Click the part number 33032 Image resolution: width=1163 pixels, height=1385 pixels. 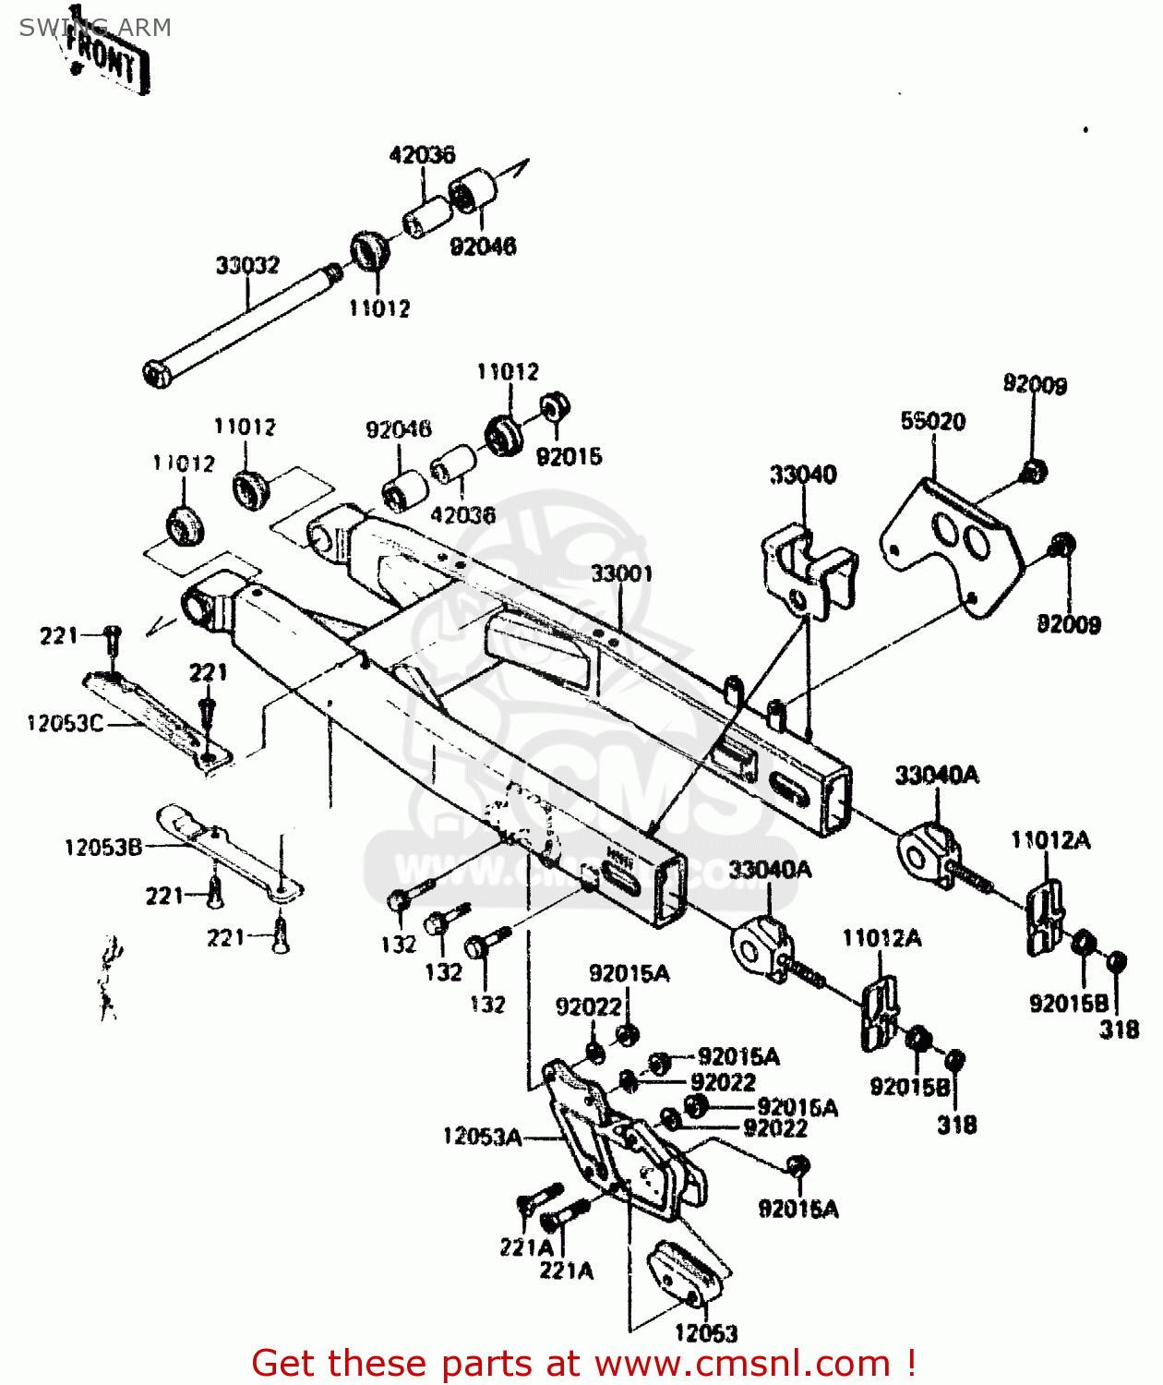(x=246, y=266)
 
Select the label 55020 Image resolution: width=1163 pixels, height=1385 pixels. (x=932, y=421)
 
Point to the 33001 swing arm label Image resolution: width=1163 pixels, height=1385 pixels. (x=621, y=573)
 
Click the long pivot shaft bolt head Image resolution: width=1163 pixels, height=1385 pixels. (x=157, y=374)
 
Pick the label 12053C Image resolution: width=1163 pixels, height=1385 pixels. (x=65, y=723)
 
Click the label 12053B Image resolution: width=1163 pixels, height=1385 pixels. (x=102, y=847)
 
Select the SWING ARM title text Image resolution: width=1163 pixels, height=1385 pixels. (x=95, y=28)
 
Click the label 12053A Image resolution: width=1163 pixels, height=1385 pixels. (x=482, y=1137)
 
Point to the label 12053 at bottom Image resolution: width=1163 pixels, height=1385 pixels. (x=706, y=1332)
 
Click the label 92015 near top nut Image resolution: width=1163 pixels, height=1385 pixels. (x=569, y=456)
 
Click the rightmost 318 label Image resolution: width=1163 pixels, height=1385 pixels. (x=1119, y=1029)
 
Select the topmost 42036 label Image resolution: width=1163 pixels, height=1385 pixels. (x=422, y=154)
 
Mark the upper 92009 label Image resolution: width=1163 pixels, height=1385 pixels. (x=1035, y=384)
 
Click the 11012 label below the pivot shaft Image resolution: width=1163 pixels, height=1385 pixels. (x=378, y=308)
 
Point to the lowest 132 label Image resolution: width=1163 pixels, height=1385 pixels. (x=487, y=1004)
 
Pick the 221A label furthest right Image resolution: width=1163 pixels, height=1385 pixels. (x=566, y=1271)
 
